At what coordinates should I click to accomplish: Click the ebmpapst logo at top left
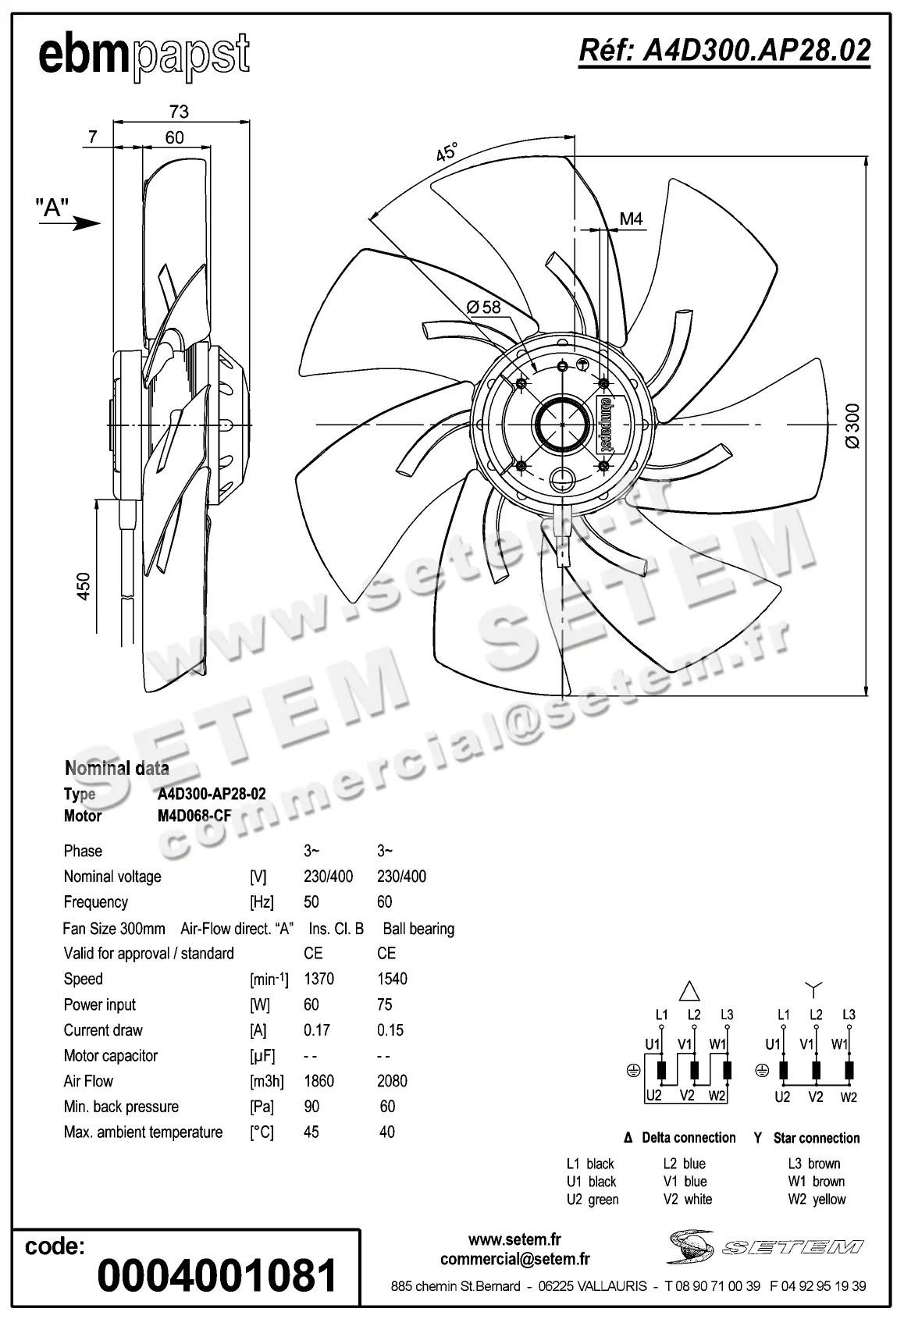tap(144, 56)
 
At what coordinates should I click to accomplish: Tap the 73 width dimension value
tap(179, 112)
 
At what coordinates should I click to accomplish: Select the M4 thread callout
tap(631, 219)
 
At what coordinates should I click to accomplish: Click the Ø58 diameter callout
tap(484, 307)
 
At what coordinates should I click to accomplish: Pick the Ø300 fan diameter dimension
tap(852, 426)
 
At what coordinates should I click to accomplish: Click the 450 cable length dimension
tap(84, 586)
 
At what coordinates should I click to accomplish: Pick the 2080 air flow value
tap(392, 1081)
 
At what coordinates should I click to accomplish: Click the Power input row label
tap(100, 1004)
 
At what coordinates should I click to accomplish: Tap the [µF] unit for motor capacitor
tap(262, 1056)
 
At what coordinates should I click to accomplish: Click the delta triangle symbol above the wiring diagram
tap(689, 991)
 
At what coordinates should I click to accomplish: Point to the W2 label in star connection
tap(849, 1097)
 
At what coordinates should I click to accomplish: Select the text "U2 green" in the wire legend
tap(593, 1200)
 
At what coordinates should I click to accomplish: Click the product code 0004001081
tap(217, 1275)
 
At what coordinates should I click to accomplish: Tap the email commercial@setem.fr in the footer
tap(514, 1259)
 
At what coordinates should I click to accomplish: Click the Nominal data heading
tap(117, 768)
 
